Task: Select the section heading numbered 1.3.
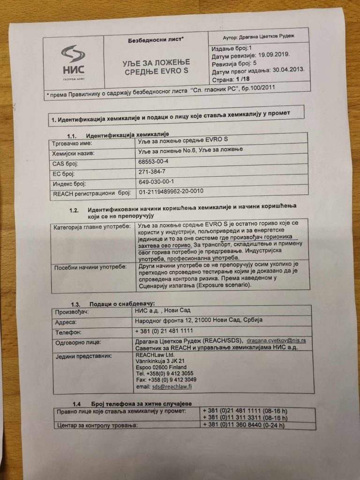[x=112, y=303]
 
